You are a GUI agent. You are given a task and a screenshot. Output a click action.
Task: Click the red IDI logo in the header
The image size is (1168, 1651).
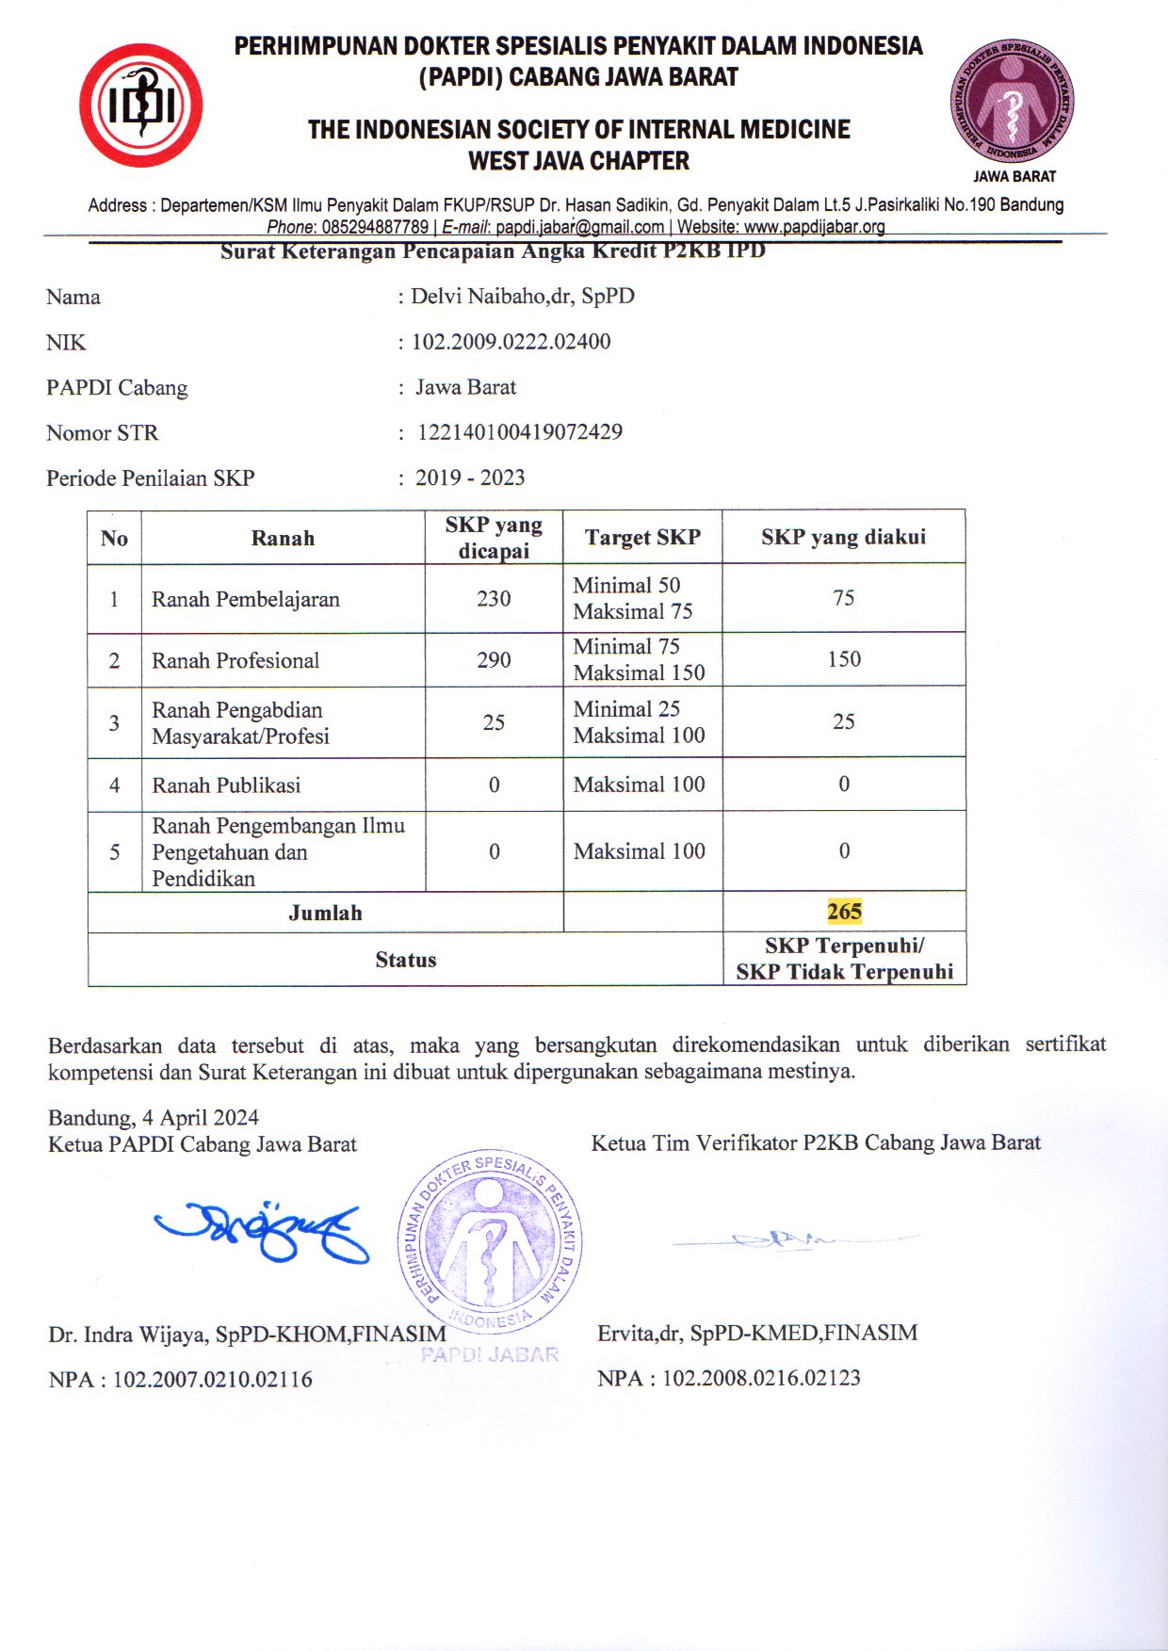click(141, 105)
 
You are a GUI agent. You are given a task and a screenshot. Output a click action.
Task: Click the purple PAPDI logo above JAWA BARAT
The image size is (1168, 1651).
click(1013, 102)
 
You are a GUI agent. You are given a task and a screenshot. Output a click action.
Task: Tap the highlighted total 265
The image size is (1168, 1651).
click(844, 911)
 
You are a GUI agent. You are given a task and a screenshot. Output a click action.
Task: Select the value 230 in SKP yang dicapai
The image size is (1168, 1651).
click(494, 598)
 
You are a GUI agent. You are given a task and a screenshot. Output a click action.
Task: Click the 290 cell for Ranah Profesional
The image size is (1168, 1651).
click(494, 659)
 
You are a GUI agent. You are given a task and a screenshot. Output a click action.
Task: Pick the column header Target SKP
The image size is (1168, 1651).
click(642, 537)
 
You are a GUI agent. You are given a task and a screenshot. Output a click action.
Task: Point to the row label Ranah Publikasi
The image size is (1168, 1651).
click(226, 785)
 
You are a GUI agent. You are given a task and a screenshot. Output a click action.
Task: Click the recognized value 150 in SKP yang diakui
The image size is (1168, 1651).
click(844, 658)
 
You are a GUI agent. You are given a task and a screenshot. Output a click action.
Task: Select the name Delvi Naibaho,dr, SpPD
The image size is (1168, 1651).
click(523, 296)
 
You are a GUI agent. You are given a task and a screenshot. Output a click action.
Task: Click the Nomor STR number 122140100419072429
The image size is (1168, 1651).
click(520, 432)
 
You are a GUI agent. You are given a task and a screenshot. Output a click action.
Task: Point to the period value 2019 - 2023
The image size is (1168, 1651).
click(470, 477)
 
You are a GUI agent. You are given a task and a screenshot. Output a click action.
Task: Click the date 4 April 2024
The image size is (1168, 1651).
click(200, 1117)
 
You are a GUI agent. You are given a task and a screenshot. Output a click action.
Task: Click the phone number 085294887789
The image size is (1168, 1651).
click(375, 227)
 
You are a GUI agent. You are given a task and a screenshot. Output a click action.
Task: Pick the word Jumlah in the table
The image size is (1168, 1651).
click(325, 912)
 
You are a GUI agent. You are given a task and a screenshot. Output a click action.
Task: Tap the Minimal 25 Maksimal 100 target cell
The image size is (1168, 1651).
click(639, 721)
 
